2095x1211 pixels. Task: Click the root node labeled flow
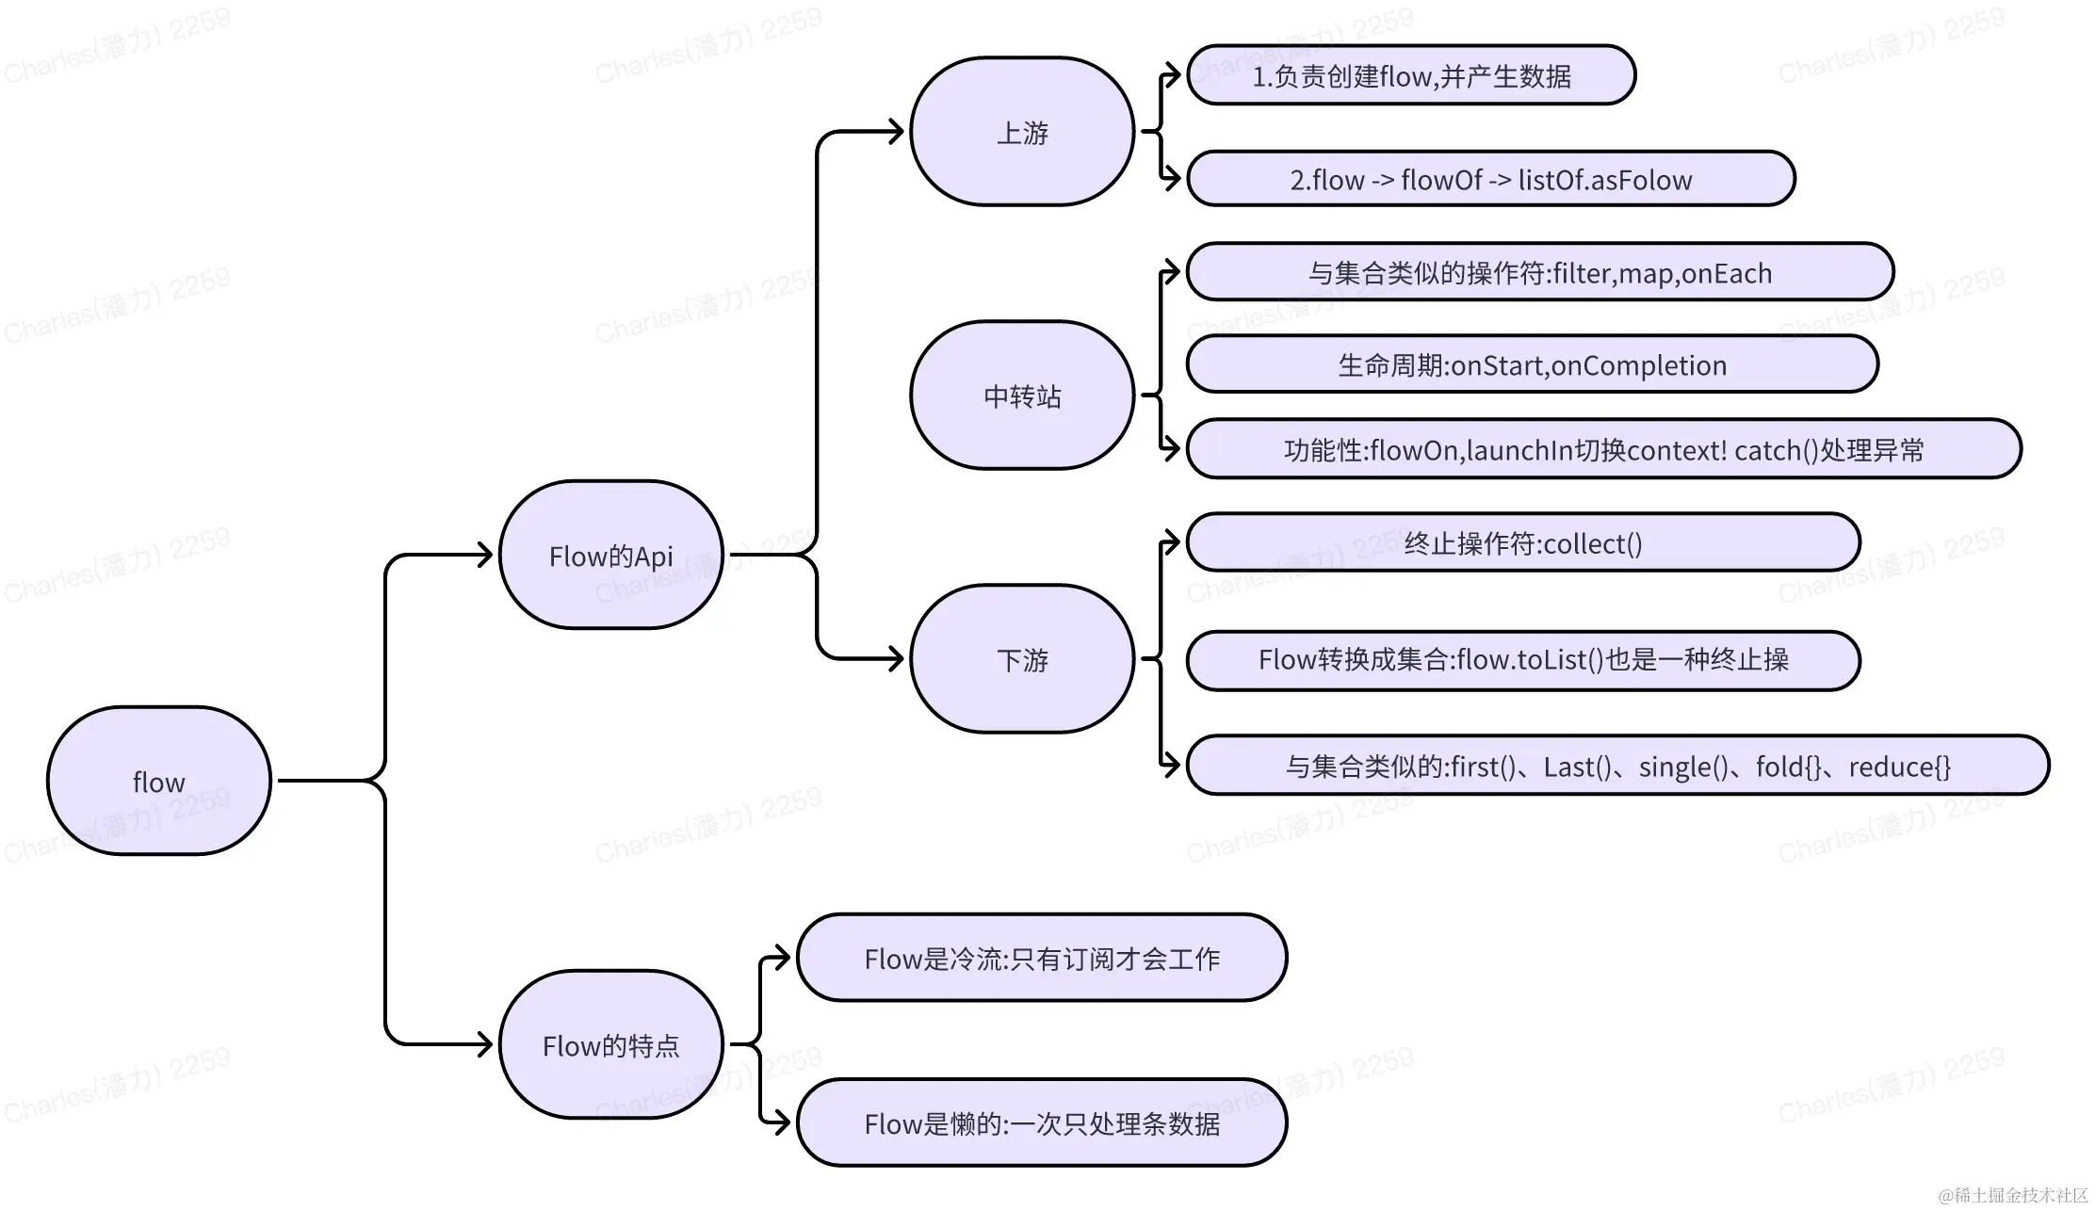pyautogui.click(x=159, y=781)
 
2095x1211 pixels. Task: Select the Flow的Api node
pyautogui.click(x=610, y=556)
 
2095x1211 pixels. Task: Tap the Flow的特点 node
pyautogui.click(x=610, y=1044)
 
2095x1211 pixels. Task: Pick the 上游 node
pyautogui.click(x=1022, y=132)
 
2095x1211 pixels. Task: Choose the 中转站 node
pyautogui.click(x=1022, y=396)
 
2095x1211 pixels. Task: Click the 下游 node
pyautogui.click(x=1022, y=659)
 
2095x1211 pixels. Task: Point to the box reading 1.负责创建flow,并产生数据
pyautogui.click(x=1410, y=75)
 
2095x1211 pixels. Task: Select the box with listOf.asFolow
pyautogui.click(x=1490, y=179)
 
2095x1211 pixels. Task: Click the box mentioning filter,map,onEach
pyautogui.click(x=1539, y=272)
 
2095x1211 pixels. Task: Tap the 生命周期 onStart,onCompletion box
pyautogui.click(x=1532, y=364)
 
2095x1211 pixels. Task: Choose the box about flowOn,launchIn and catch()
pyautogui.click(x=1603, y=449)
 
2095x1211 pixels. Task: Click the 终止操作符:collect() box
pyautogui.click(x=1522, y=542)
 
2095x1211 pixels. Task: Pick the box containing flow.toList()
pyautogui.click(x=1522, y=659)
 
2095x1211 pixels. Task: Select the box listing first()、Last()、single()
pyautogui.click(x=1616, y=766)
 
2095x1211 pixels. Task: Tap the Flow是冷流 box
pyautogui.click(x=1042, y=958)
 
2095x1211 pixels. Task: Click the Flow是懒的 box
pyautogui.click(x=1042, y=1122)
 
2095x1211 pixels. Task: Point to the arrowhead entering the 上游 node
pyautogui.click(x=896, y=132)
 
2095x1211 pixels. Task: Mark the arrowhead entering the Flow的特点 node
pyautogui.click(x=485, y=1044)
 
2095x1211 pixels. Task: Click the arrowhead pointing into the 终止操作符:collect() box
pyautogui.click(x=1173, y=542)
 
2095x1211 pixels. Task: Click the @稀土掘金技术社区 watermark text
pyautogui.click(x=2013, y=1195)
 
